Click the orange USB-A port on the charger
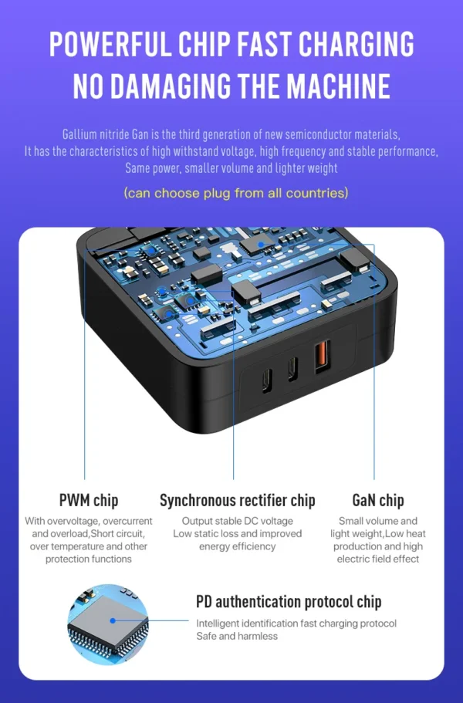[x=323, y=357]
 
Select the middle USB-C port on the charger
[x=292, y=369]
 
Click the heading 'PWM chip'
[x=89, y=500]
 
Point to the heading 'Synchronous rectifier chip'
[x=238, y=500]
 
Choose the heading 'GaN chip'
[x=378, y=500]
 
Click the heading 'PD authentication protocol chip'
[x=289, y=602]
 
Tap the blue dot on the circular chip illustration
[x=113, y=621]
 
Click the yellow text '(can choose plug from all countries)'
[x=236, y=193]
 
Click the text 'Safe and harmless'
[x=237, y=636]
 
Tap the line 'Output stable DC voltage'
[x=238, y=521]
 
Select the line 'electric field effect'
[x=378, y=559]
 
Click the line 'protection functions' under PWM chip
[x=89, y=559]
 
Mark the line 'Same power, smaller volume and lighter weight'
[x=231, y=168]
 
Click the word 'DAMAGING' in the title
[x=170, y=86]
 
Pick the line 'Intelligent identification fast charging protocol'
[x=296, y=624]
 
